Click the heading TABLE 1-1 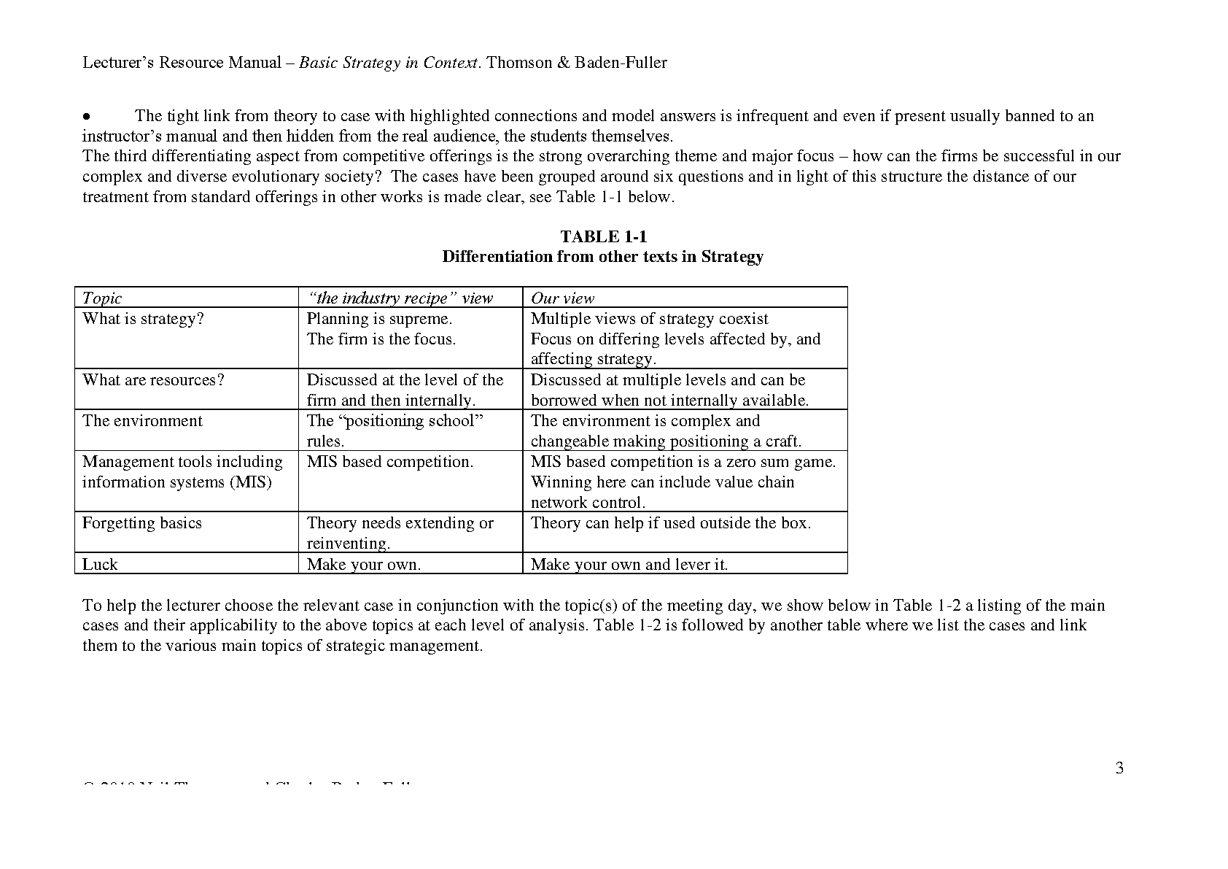coord(603,236)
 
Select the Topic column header coord(102,298)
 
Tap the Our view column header coord(562,298)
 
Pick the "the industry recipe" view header coord(400,298)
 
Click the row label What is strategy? coord(144,319)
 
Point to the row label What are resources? coord(153,380)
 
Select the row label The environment coord(142,421)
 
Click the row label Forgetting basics coord(141,523)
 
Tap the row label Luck coord(100,564)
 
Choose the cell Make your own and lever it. coord(629,564)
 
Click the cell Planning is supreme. coord(379,319)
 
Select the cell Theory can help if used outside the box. coord(670,523)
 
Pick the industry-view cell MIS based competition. coord(389,462)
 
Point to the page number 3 coord(1119,768)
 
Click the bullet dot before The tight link coord(86,117)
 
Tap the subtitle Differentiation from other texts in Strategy coord(602,257)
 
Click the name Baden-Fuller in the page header coord(621,63)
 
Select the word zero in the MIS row coord(742,462)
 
